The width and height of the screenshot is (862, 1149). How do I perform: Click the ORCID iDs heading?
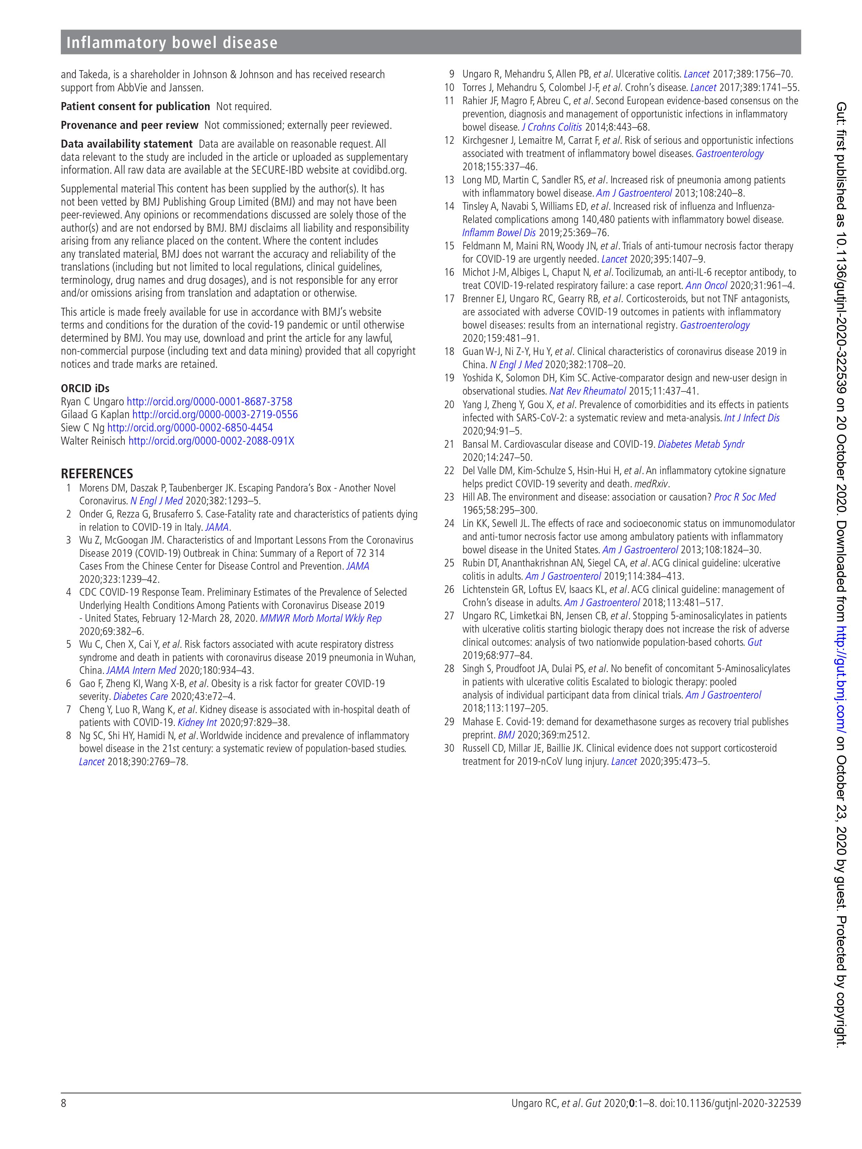click(85, 388)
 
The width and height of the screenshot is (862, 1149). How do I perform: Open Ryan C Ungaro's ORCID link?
click(210, 402)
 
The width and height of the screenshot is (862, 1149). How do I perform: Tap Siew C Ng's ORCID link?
click(190, 428)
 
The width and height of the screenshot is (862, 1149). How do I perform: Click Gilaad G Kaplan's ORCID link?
click(215, 414)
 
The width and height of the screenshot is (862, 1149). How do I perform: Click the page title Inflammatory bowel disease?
click(172, 43)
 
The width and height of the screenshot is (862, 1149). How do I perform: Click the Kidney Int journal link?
click(197, 722)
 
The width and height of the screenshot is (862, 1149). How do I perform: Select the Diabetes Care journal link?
click(140, 696)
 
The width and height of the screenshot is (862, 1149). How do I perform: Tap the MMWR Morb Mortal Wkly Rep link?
click(321, 618)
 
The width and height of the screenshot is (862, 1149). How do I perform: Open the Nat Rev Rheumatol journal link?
click(587, 391)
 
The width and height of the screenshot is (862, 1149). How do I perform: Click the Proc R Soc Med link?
click(745, 497)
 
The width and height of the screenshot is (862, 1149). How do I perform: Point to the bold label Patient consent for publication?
click(135, 107)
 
